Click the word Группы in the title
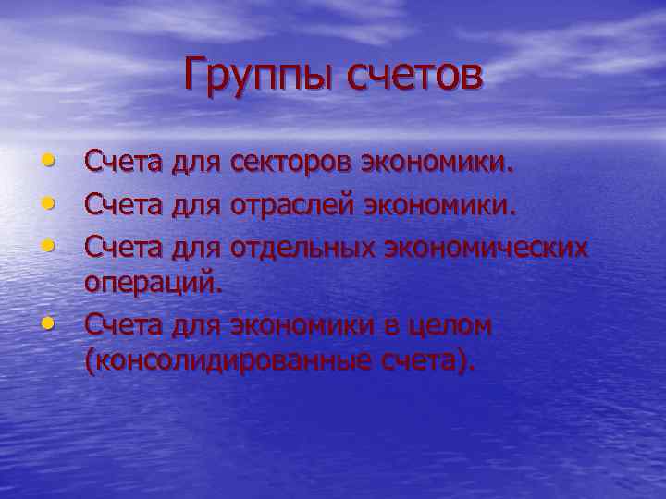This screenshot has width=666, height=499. (x=256, y=77)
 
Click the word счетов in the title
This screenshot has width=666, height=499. (x=414, y=75)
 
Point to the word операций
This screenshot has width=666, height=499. (x=154, y=283)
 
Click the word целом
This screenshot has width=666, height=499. (x=443, y=324)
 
